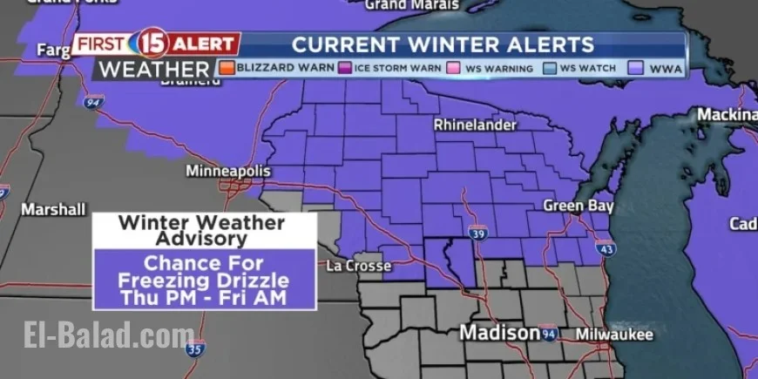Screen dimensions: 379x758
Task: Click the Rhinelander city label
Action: pos(475,125)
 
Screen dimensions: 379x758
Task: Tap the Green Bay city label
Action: pos(579,206)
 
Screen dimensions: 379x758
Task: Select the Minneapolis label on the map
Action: pos(227,171)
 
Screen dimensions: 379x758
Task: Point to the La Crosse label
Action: pos(358,266)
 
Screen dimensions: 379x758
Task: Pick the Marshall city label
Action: pos(53,210)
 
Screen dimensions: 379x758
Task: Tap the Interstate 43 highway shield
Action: pos(607,250)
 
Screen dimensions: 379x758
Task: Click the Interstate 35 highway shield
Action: pos(197,349)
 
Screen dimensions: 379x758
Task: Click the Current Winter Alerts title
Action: pos(443,44)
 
